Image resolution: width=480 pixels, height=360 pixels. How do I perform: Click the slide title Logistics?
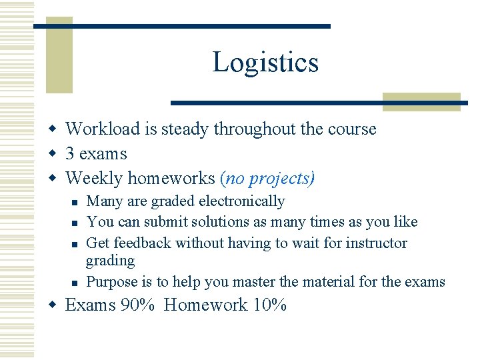265,63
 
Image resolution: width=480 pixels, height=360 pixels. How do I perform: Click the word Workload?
102,129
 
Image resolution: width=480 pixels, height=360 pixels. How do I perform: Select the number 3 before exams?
70,153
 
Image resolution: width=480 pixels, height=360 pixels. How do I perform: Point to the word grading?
110,261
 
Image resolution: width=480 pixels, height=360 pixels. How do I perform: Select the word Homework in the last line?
205,305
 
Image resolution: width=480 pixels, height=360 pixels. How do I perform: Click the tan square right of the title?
421,102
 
